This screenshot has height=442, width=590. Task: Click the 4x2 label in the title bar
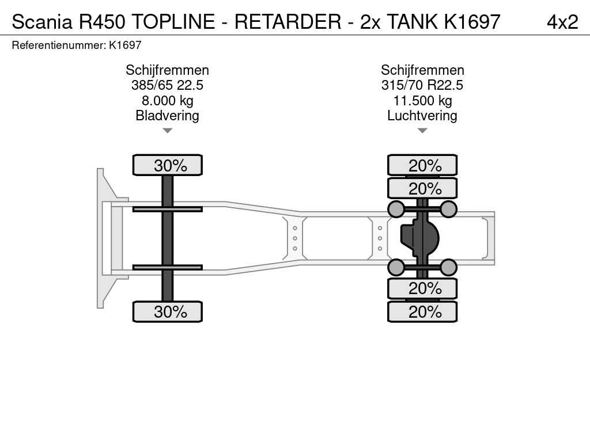point(562,22)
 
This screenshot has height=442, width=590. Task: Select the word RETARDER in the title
point(288,22)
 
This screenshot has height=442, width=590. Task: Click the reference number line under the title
point(77,45)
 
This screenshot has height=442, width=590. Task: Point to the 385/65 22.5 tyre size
point(167,86)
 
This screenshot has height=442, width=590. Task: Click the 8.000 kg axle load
point(167,101)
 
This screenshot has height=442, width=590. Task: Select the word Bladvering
point(167,116)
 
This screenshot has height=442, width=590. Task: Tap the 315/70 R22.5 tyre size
point(422,86)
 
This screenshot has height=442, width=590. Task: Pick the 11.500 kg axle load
point(422,101)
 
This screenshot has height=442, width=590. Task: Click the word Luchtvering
point(422,116)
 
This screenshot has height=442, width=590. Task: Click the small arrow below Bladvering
point(167,131)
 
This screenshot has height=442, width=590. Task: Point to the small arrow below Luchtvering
point(422,131)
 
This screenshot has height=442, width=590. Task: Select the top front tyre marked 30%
point(167,165)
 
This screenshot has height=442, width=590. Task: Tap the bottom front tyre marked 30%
point(167,312)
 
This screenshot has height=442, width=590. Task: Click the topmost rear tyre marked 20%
point(422,165)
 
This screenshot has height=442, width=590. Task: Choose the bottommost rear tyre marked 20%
point(422,312)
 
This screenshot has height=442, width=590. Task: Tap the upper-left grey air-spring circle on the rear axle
point(396,209)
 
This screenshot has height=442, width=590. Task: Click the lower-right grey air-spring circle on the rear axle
point(448,267)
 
